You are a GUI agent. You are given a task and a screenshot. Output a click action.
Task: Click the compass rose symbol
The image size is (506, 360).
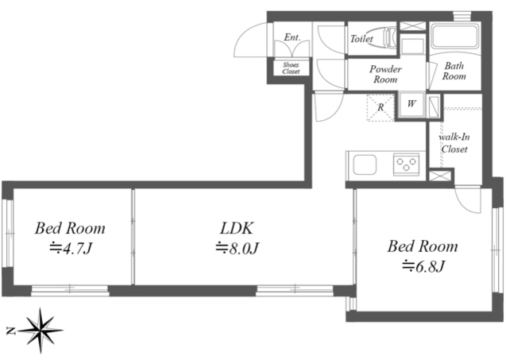tap(41, 331)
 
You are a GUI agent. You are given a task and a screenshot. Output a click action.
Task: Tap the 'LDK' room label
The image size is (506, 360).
tap(237, 228)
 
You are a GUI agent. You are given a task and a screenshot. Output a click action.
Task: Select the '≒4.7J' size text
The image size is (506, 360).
tap(71, 248)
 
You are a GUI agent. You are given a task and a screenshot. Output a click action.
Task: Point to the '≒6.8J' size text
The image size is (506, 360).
tap(423, 266)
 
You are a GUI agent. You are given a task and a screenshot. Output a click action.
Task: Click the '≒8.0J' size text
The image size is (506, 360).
tap(238, 248)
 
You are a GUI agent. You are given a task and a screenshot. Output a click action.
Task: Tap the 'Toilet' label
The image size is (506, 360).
tap(361, 39)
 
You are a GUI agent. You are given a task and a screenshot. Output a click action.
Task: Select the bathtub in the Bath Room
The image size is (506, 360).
tap(454, 37)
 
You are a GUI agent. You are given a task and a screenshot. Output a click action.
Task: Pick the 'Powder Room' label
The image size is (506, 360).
tap(385, 74)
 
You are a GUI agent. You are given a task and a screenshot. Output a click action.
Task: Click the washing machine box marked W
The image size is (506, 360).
tap(411, 104)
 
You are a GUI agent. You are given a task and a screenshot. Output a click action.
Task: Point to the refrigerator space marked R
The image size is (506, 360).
tap(380, 107)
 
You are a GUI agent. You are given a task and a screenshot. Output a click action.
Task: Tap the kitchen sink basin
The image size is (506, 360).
tap(365, 165)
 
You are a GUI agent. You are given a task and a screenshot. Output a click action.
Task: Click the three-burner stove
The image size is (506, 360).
tap(406, 165)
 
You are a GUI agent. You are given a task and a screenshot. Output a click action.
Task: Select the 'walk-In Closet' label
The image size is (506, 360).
tap(454, 143)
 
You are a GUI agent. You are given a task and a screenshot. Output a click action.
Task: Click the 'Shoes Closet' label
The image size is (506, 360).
tap(291, 68)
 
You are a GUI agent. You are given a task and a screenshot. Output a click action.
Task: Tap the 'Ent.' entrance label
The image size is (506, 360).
tap(292, 37)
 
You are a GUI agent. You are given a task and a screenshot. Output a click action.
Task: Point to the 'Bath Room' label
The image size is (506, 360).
tap(454, 71)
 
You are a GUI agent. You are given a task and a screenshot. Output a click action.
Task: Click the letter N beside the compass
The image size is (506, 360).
tap(10, 331)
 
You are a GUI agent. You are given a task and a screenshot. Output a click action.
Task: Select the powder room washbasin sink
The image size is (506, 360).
tap(412, 46)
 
